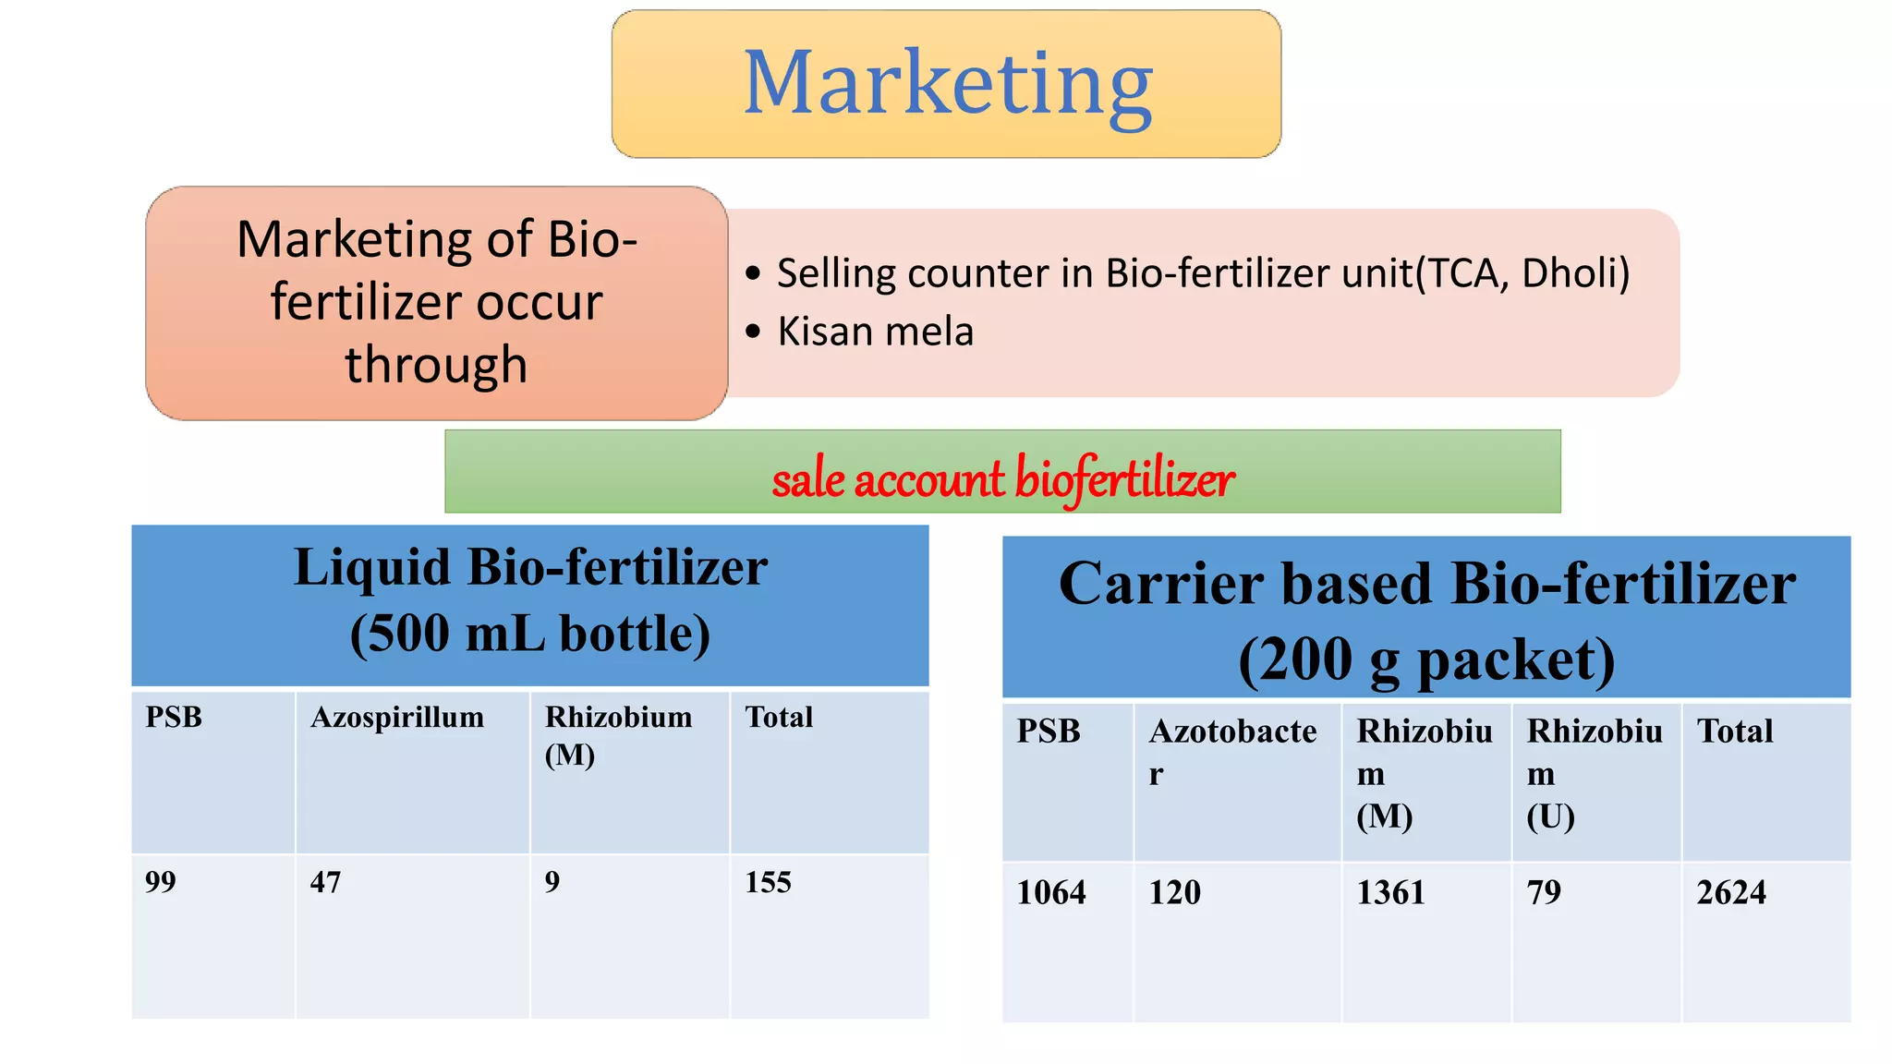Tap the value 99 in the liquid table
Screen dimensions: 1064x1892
(161, 882)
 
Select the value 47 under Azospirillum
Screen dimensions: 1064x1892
(325, 882)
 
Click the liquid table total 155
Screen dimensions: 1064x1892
(768, 882)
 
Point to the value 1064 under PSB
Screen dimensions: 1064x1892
(1051, 892)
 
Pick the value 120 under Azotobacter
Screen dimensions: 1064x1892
(1174, 892)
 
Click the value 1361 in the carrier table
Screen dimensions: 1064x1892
(1390, 892)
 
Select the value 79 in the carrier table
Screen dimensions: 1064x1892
(1544, 892)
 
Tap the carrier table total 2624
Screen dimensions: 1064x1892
(1731, 892)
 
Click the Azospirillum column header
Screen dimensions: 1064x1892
(397, 718)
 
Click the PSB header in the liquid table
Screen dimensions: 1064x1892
(174, 718)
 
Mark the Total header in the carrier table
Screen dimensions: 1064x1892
(1735, 731)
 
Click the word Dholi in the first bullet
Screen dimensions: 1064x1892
(1574, 273)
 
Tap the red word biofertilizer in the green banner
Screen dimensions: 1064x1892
(1124, 479)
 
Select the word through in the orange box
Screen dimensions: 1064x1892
(436, 364)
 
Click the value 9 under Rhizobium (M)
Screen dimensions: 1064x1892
(552, 882)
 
